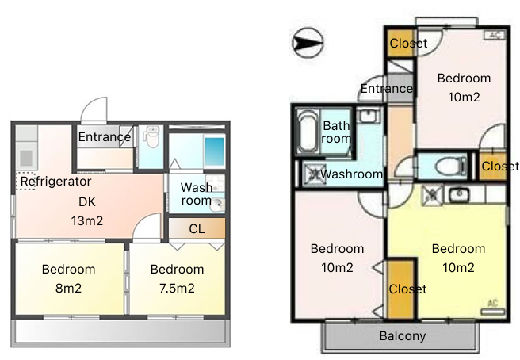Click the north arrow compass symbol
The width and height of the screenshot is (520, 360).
[308, 43]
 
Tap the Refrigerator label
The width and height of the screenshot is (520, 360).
[55, 182]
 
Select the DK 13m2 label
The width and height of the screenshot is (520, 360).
[87, 211]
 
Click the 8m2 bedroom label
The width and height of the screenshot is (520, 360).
[68, 278]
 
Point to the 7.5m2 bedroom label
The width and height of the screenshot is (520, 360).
[177, 278]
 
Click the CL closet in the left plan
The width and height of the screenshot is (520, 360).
[197, 228]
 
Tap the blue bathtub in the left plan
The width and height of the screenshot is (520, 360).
[215, 152]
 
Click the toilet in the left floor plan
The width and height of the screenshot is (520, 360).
[151, 137]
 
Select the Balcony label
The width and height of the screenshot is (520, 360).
[403, 335]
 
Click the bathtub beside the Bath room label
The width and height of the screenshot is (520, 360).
[308, 131]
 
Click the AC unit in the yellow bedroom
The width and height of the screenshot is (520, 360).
[493, 308]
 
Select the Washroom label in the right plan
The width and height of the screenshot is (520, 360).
[351, 174]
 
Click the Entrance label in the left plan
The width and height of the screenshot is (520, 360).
[105, 136]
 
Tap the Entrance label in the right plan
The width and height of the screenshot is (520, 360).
[387, 89]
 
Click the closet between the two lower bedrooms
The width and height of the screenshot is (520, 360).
[401, 289]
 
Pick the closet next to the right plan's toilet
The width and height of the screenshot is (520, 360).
[493, 166]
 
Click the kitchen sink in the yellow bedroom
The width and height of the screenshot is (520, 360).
[459, 194]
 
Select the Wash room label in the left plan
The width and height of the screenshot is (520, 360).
[197, 193]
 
